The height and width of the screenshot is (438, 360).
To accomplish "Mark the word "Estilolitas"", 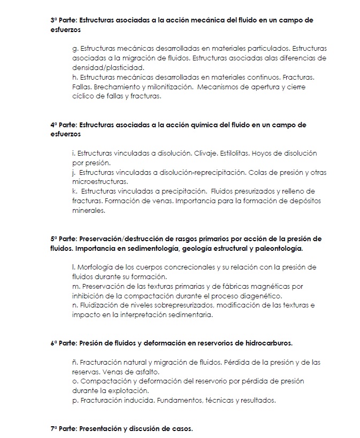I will [x=239, y=153].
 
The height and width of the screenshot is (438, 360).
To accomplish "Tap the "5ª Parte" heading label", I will [x=63, y=239].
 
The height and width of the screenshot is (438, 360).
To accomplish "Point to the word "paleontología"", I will [x=279, y=249].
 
